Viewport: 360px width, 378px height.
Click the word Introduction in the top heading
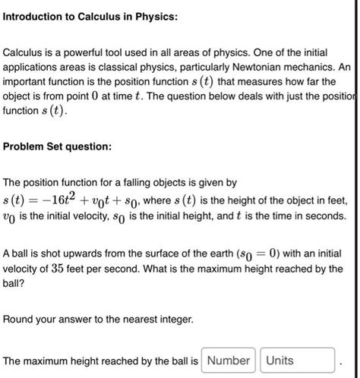[38, 16]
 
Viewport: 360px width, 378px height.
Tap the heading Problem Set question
[58, 146]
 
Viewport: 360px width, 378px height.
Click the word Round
[20, 320]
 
